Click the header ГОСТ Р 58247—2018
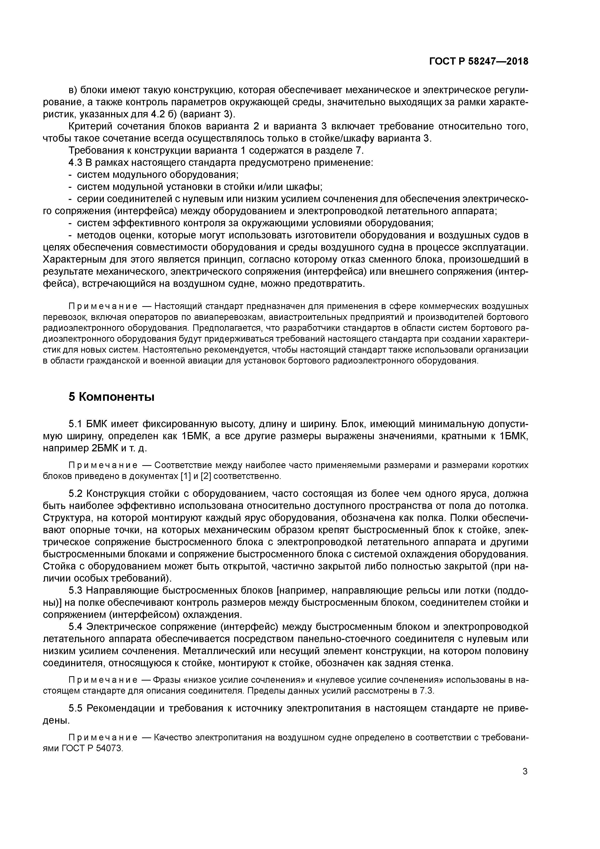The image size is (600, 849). [479, 61]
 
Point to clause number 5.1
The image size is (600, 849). [76, 424]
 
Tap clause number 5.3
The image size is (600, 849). [76, 591]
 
